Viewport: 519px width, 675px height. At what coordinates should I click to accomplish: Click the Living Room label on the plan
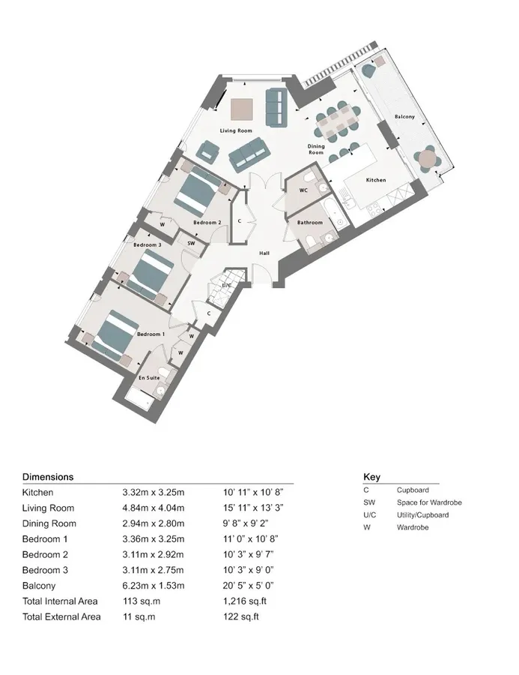pyautogui.click(x=236, y=130)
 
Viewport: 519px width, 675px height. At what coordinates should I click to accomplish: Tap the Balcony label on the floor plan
pyautogui.click(x=404, y=117)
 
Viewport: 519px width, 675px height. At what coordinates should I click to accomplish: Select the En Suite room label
pyautogui.click(x=149, y=377)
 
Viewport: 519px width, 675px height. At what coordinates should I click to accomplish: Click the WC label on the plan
pyautogui.click(x=303, y=190)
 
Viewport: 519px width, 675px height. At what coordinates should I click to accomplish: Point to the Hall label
pyautogui.click(x=264, y=253)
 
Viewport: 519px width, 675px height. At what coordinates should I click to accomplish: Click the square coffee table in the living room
pyautogui.click(x=242, y=109)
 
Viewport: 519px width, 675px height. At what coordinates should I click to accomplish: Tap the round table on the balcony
pyautogui.click(x=428, y=159)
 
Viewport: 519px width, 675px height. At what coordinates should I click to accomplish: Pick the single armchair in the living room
pyautogui.click(x=207, y=151)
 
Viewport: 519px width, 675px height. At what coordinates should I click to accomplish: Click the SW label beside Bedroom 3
pyautogui.click(x=191, y=243)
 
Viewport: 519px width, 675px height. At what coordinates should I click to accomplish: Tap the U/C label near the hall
pyautogui.click(x=227, y=285)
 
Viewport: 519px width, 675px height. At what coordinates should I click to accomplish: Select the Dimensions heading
pyautogui.click(x=48, y=477)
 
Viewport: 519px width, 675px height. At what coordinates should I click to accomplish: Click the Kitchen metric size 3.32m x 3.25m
pyautogui.click(x=154, y=493)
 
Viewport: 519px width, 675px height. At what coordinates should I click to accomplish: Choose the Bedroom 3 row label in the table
pyautogui.click(x=45, y=570)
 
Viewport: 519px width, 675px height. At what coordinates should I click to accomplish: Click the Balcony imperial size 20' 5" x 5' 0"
pyautogui.click(x=249, y=586)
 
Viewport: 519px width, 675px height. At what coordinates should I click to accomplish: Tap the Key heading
pyautogui.click(x=372, y=477)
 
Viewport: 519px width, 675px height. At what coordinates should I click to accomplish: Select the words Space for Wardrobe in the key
pyautogui.click(x=429, y=502)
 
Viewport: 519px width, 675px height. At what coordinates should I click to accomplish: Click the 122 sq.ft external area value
pyautogui.click(x=241, y=616)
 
